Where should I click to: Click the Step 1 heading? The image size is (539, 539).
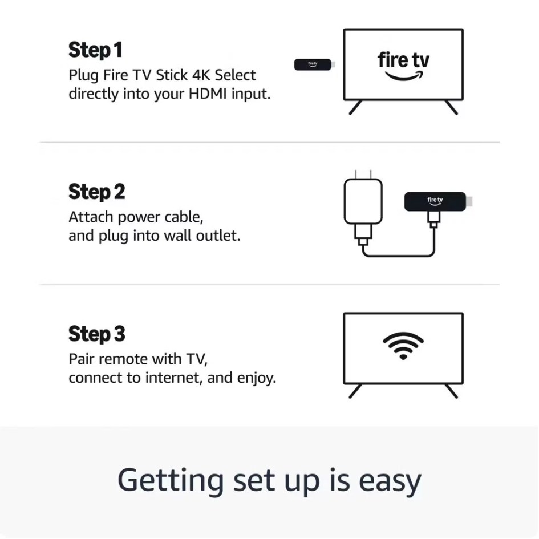click(x=95, y=50)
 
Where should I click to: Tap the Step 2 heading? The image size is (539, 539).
click(x=96, y=192)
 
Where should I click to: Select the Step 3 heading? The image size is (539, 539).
click(x=96, y=334)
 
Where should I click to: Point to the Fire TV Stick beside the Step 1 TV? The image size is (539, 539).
click(x=313, y=65)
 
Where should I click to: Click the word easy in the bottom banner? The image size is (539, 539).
click(x=390, y=480)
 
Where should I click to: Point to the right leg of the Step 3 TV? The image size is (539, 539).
click(x=451, y=391)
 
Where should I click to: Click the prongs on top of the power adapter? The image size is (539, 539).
click(x=363, y=173)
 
